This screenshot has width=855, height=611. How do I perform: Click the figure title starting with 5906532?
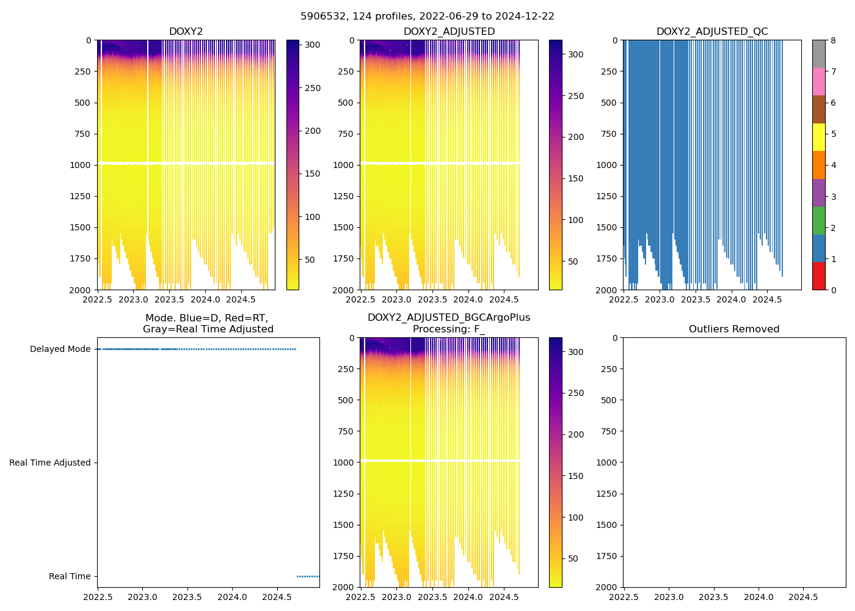coord(427,16)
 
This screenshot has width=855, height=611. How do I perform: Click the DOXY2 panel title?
coord(186,32)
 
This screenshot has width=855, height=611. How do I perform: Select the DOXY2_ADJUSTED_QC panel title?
coord(712,32)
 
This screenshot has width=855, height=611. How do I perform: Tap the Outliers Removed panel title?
coord(734,329)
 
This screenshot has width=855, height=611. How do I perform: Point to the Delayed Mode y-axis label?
coord(60,349)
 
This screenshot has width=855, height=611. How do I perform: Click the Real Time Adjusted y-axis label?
coord(50,463)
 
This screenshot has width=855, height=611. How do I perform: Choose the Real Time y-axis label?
coord(70,577)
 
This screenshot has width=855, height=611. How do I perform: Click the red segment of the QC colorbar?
coord(818,276)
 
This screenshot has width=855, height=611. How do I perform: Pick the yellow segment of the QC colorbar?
coord(818,137)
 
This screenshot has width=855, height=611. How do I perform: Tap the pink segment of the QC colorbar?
coord(818,81)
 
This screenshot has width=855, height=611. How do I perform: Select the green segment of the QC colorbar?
coord(818,221)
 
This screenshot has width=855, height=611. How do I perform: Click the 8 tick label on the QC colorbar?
coord(834,41)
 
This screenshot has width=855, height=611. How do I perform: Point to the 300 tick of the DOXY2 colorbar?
coord(313,45)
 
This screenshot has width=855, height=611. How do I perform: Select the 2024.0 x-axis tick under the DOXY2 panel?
coord(205,300)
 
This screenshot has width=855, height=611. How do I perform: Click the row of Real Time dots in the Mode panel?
coord(308,577)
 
